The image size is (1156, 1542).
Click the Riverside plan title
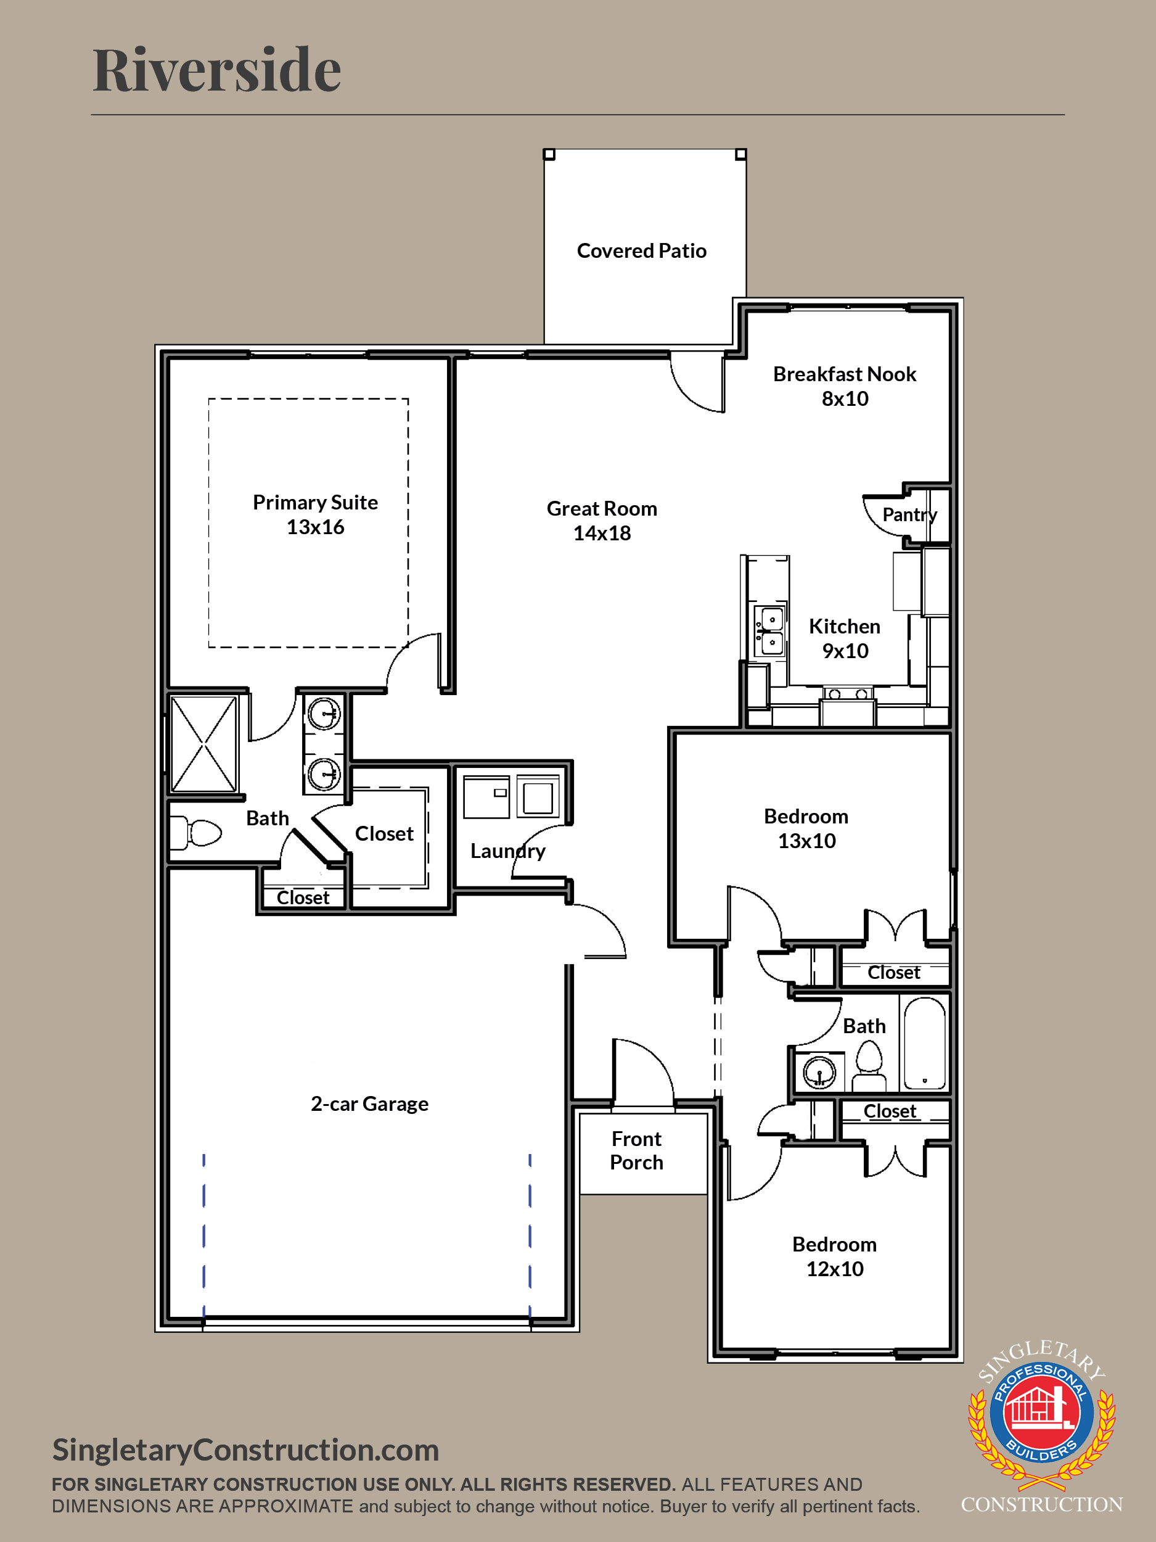(x=216, y=70)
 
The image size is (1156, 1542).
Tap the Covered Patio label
(x=642, y=251)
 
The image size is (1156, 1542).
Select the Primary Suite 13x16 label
(x=316, y=514)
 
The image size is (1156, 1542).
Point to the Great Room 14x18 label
(x=602, y=521)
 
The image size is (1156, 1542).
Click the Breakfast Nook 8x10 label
(x=845, y=386)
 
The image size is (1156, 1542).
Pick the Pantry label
(x=909, y=514)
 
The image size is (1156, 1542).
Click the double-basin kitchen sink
(x=771, y=631)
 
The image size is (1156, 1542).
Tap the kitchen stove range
(x=847, y=706)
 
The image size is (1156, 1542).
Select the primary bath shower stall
(x=203, y=744)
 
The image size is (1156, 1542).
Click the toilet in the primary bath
(x=197, y=832)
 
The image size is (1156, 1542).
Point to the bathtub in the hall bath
(x=924, y=1042)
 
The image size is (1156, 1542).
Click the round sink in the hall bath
(x=819, y=1072)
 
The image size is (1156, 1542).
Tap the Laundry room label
(x=508, y=851)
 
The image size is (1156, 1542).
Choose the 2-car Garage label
(x=369, y=1104)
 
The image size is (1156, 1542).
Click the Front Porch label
(x=636, y=1150)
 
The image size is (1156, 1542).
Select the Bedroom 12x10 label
(x=835, y=1257)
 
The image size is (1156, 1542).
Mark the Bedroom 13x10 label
(x=806, y=829)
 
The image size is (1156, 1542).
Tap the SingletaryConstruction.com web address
(x=246, y=1450)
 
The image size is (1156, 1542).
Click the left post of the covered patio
(x=549, y=154)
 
